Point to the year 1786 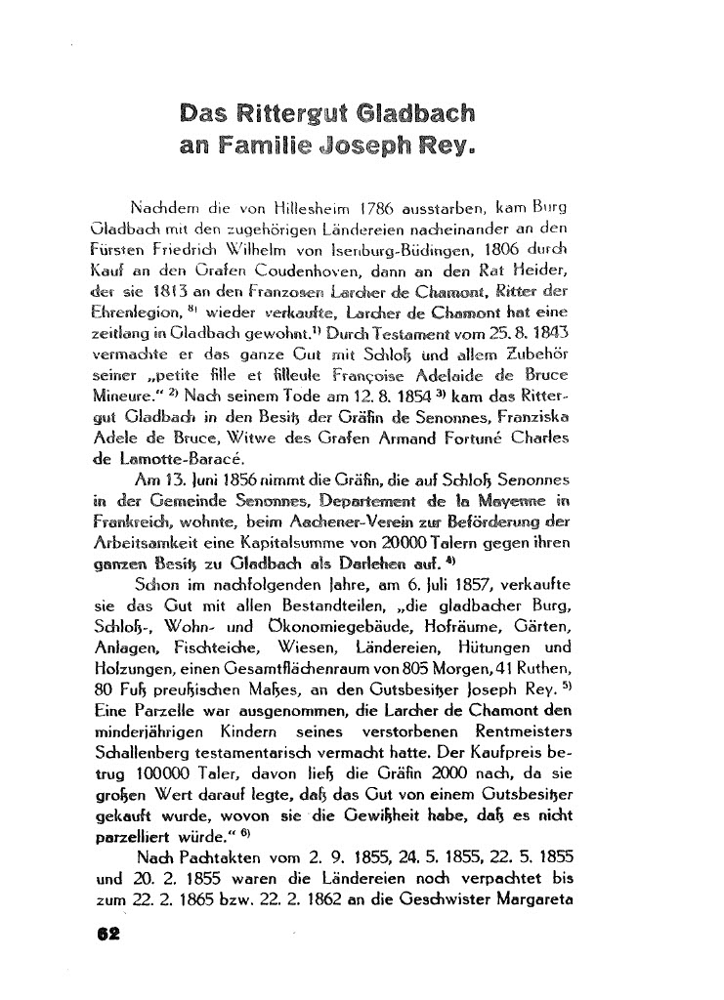tap(382, 208)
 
